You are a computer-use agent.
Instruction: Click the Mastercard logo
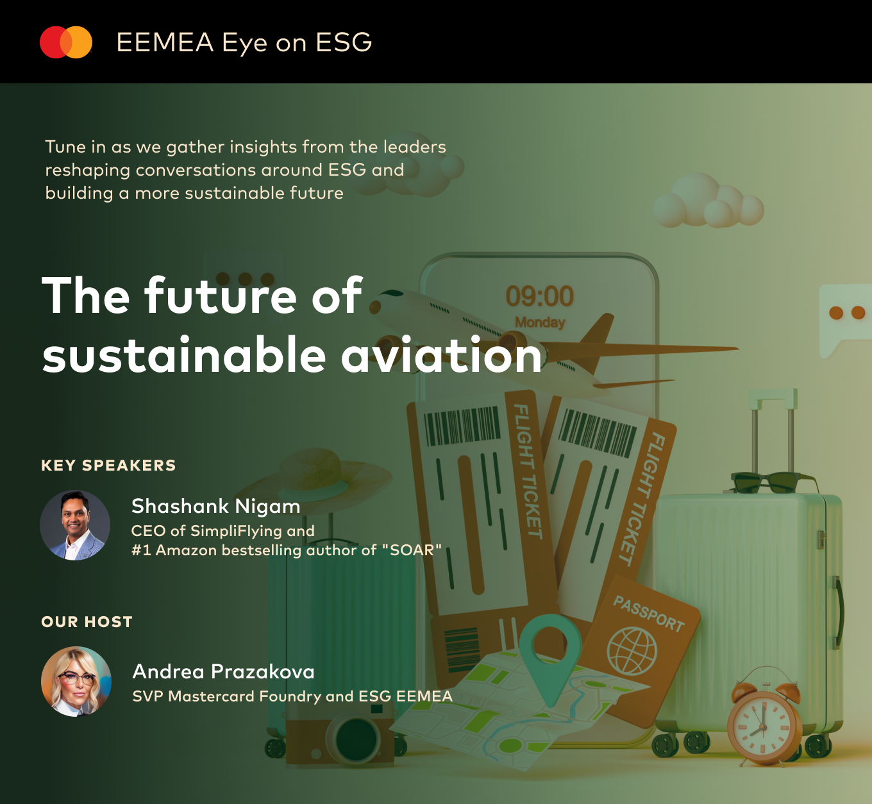66,42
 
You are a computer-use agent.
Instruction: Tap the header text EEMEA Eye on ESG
244,42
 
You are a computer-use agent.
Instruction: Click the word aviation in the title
441,355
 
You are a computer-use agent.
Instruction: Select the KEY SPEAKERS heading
108,465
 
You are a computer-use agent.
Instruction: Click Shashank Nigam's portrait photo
75,524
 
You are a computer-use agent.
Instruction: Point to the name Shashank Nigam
216,506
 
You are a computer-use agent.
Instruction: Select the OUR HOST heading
87,622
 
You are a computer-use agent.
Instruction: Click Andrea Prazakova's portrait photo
76,681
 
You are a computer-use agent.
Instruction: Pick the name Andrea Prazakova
224,671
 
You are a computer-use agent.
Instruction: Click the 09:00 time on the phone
540,296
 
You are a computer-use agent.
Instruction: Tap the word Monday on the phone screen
540,322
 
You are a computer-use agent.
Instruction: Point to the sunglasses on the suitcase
774,482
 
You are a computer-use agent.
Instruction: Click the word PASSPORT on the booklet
648,614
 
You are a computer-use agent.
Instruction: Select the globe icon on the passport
632,651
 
